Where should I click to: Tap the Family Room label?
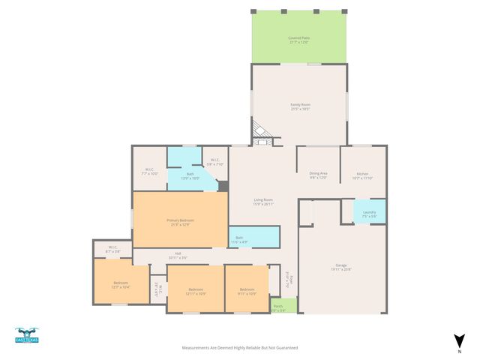pyautogui.click(x=300, y=106)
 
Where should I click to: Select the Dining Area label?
pyautogui.click(x=319, y=175)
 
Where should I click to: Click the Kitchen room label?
pyautogui.click(x=362, y=175)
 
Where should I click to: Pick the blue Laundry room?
pyautogui.click(x=369, y=213)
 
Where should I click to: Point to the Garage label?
pyautogui.click(x=341, y=266)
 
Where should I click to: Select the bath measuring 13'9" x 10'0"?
pyautogui.click(x=190, y=177)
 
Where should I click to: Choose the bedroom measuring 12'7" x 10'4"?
pyautogui.click(x=121, y=284)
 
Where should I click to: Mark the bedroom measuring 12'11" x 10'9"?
pyautogui.click(x=195, y=290)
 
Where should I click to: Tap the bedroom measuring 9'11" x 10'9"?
pyautogui.click(x=247, y=290)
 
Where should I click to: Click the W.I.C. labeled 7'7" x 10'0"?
pyautogui.click(x=150, y=171)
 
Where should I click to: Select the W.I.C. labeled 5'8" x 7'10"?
pyautogui.click(x=214, y=160)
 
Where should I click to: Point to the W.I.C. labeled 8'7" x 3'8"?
pyautogui.click(x=112, y=248)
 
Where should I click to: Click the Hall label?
pyautogui.click(x=178, y=255)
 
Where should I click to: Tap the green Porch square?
pyautogui.click(x=278, y=307)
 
